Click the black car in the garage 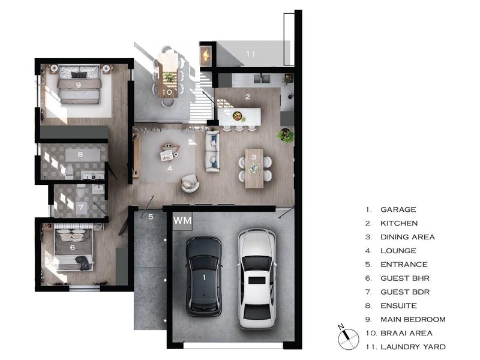[x=204, y=277]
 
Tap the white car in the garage [x=257, y=278]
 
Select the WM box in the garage [x=182, y=220]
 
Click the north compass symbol [x=348, y=338]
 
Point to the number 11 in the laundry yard [x=251, y=54]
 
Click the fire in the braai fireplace [x=205, y=55]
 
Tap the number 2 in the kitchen [x=248, y=97]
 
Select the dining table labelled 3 [x=254, y=169]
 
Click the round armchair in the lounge [x=190, y=183]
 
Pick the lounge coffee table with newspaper [x=169, y=152]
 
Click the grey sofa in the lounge [x=212, y=151]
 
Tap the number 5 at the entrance [x=151, y=217]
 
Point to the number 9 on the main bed [x=79, y=85]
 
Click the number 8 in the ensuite [x=80, y=154]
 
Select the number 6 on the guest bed [x=73, y=247]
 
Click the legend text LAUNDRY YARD [x=413, y=347]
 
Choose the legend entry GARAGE [x=398, y=209]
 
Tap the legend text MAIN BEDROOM [x=413, y=319]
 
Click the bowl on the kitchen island [x=237, y=116]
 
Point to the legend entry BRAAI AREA [x=407, y=333]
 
